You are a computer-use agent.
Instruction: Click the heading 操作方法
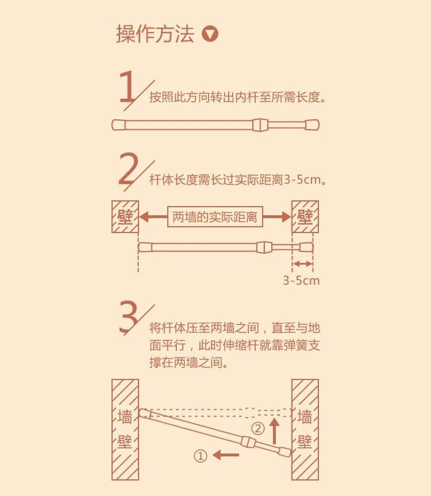tap(155, 34)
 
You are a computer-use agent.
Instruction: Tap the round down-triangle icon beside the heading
tap(210, 34)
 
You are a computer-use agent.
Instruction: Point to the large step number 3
tap(129, 317)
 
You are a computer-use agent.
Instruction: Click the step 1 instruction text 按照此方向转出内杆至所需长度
tap(237, 97)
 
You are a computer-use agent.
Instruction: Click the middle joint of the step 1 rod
tap(260, 125)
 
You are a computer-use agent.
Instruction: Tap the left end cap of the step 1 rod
tap(119, 125)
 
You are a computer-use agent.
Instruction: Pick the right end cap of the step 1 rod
tap(312, 125)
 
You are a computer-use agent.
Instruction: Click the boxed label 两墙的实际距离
tap(215, 217)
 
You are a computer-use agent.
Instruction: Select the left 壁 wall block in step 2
tap(125, 216)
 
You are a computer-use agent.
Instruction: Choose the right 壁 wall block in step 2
tap(305, 216)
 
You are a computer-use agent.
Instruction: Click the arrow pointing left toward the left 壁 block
tap(153, 217)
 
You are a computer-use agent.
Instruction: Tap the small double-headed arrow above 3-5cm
tap(302, 264)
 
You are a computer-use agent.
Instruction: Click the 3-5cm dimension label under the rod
tap(301, 281)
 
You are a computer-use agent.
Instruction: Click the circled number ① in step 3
tap(200, 456)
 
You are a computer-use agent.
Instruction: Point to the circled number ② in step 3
tap(258, 429)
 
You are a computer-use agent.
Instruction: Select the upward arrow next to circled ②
tap(275, 431)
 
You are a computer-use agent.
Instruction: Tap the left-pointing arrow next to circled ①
tap(226, 455)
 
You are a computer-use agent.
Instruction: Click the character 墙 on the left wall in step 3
tap(125, 417)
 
